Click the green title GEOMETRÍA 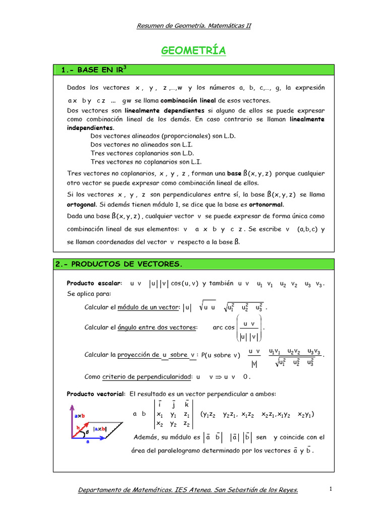(193, 51)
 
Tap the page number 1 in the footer (331, 489)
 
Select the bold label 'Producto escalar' (94, 284)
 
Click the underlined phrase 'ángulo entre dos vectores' (156, 328)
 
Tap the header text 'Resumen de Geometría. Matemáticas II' (193, 26)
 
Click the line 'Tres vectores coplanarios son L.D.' (142, 153)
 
